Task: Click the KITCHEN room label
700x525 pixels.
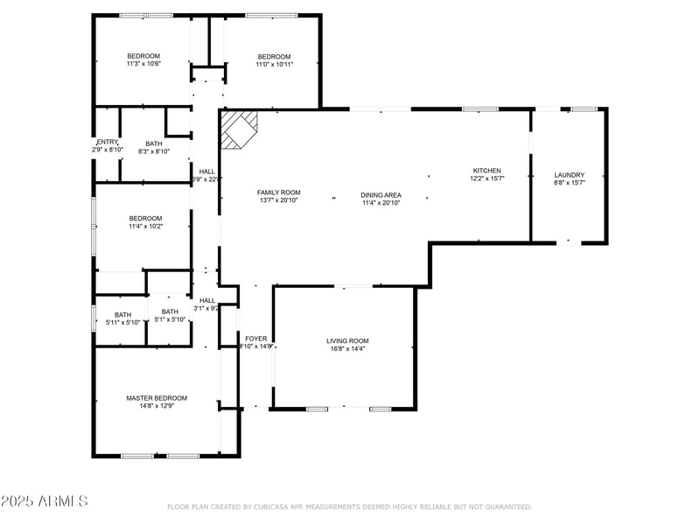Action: tap(486, 171)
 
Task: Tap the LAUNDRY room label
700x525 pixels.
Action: tap(569, 175)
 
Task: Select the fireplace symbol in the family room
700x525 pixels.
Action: tap(239, 129)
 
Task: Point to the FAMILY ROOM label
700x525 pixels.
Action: tap(278, 192)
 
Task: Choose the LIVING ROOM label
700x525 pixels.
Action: tap(347, 340)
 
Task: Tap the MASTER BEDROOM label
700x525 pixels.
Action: tap(157, 398)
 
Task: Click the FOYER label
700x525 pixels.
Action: tap(255, 338)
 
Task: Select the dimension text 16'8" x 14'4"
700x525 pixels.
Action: tap(347, 349)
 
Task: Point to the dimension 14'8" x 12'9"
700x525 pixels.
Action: tap(157, 406)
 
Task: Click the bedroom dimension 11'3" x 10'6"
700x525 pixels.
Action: tap(143, 64)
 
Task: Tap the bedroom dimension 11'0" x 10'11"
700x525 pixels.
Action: tap(274, 64)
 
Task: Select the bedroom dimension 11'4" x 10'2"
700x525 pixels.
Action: tap(145, 227)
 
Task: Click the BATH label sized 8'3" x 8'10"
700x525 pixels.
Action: tap(154, 143)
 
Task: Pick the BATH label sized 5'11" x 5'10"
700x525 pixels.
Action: tap(122, 315)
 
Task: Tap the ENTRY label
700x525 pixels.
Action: tap(107, 143)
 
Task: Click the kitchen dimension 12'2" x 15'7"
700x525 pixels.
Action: tap(486, 178)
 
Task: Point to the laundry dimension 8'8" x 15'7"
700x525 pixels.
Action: tap(569, 183)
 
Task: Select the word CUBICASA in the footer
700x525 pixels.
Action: tap(275, 507)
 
